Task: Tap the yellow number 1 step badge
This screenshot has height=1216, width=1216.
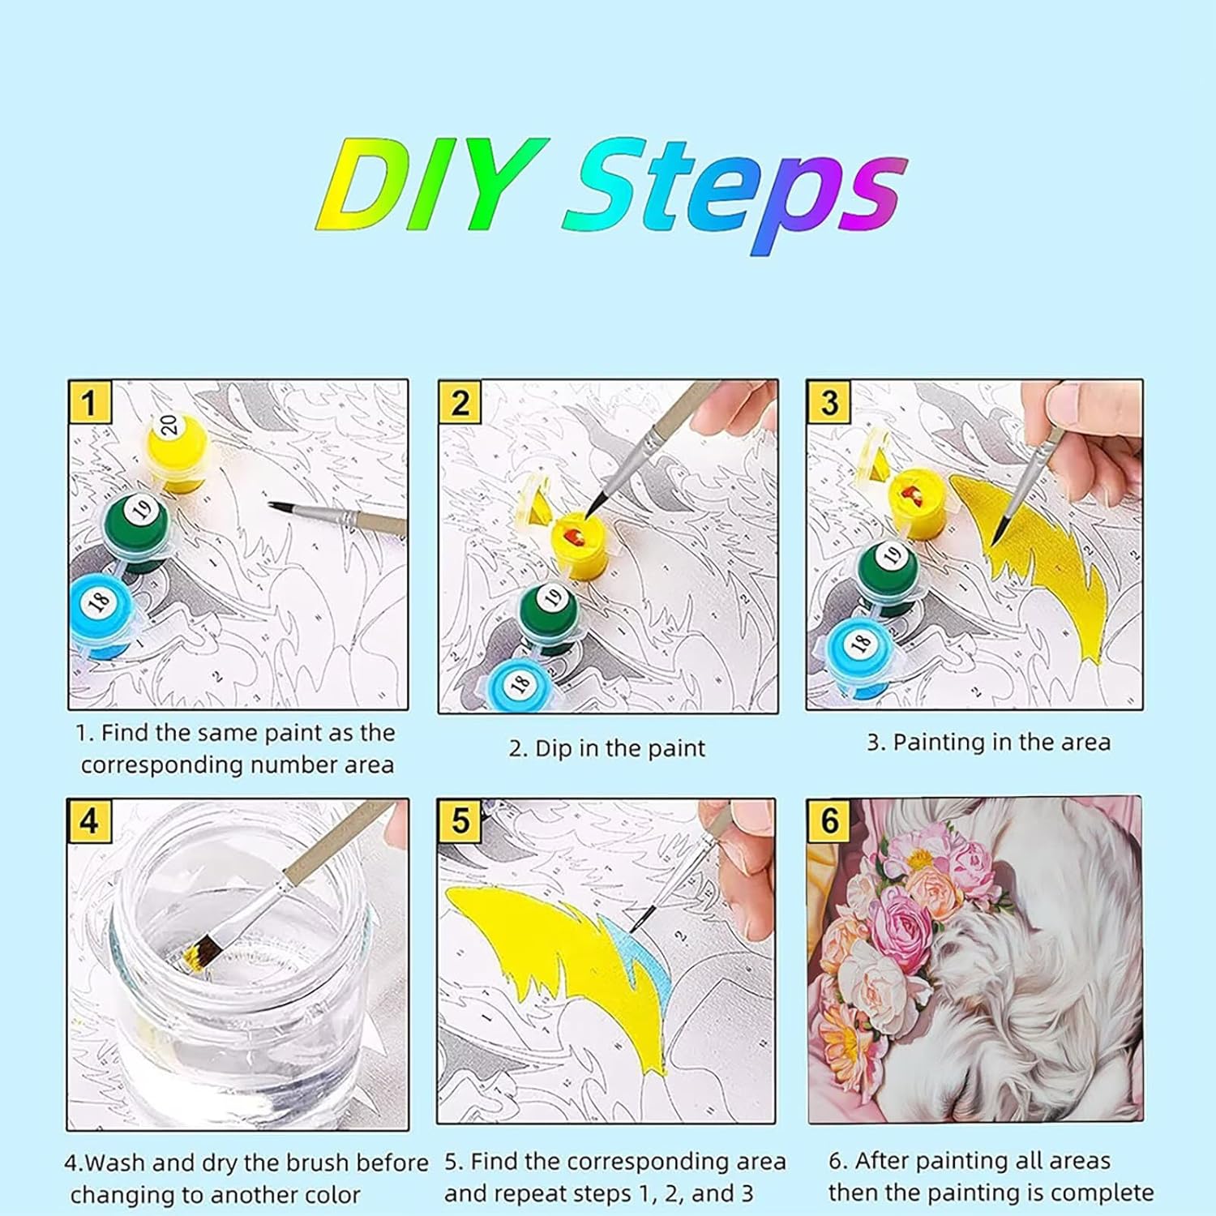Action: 90,403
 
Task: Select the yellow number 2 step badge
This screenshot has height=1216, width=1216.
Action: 460,403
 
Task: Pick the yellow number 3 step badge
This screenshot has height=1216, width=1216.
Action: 829,403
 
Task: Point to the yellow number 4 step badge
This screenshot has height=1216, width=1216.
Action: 89,821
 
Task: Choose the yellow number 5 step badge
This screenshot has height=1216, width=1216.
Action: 460,821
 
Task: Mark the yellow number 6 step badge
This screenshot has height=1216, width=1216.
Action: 829,820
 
